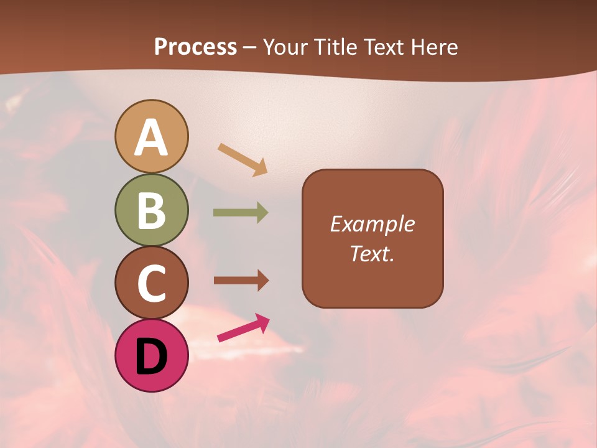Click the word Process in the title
point(195,47)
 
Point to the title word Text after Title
point(384,47)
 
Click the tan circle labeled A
point(152,136)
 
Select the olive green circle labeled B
point(152,210)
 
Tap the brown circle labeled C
point(152,282)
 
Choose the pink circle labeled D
point(152,355)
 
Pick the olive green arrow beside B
point(241,213)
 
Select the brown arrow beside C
point(241,281)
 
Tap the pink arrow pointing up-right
point(243,328)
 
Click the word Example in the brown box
point(372,224)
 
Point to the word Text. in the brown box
point(372,253)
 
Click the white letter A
point(152,138)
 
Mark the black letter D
point(152,357)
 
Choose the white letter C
point(152,283)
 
